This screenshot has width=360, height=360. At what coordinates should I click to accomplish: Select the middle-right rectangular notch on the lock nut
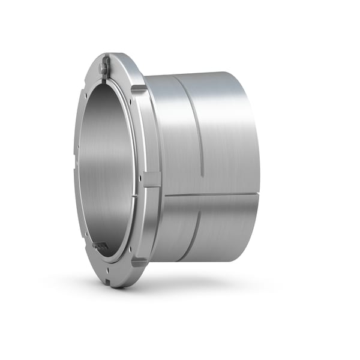point(152,178)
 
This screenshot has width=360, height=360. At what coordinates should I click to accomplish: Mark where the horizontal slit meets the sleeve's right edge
point(259,193)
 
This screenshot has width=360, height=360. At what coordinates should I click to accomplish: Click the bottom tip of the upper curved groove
point(202,175)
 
